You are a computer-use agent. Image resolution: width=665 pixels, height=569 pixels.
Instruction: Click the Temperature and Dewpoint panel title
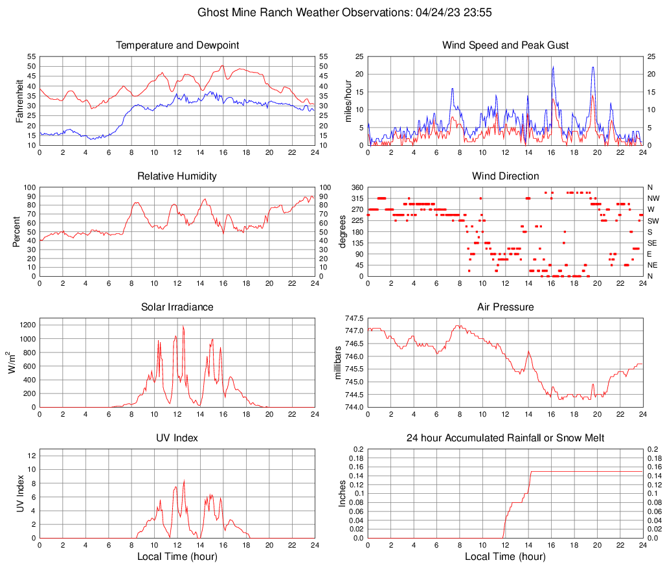click(177, 45)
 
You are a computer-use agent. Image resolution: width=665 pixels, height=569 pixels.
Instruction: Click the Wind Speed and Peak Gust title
click(505, 45)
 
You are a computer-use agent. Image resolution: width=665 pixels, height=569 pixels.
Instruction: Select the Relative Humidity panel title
click(177, 176)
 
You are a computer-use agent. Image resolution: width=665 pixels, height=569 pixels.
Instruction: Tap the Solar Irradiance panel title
click(177, 307)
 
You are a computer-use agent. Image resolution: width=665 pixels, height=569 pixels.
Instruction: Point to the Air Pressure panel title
click(505, 307)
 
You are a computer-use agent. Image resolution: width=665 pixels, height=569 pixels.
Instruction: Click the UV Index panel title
click(177, 438)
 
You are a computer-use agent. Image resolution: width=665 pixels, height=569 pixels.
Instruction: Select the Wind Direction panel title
click(505, 176)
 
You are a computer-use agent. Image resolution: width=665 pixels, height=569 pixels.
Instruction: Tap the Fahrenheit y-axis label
click(17, 100)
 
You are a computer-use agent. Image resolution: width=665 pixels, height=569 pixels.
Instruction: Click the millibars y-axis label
click(337, 362)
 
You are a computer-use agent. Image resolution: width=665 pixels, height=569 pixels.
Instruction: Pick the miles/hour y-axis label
click(348, 100)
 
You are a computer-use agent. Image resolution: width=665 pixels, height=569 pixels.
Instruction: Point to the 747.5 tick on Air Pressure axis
click(354, 318)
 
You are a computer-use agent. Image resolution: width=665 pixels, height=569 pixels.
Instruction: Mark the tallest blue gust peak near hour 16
click(553, 67)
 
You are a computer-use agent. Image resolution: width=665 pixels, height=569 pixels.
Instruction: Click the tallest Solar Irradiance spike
click(183, 326)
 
